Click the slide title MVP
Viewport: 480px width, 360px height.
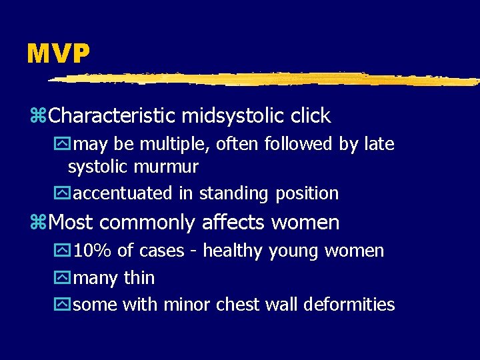point(58,54)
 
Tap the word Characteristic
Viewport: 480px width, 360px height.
point(111,116)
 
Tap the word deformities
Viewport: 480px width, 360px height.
point(349,305)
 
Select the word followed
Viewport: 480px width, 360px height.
point(293,144)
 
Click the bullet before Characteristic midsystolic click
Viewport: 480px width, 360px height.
point(41,117)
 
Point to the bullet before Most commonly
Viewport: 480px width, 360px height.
point(41,223)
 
